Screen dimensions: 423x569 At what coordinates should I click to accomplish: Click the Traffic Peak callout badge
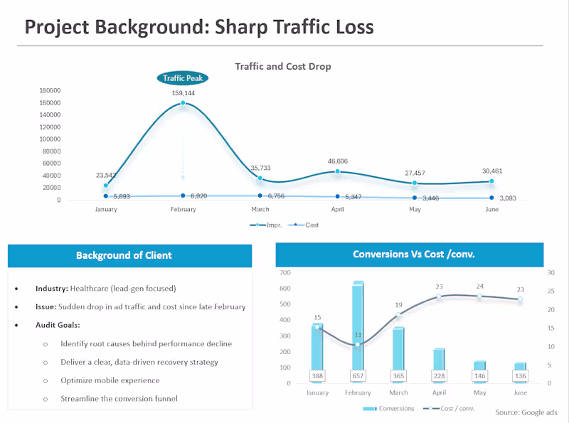pos(183,78)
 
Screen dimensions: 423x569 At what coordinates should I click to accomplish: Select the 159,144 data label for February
pos(183,93)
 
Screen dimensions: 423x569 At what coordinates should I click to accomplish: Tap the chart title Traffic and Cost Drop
pos(283,66)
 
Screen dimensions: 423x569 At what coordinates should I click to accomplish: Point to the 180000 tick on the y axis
pos(49,90)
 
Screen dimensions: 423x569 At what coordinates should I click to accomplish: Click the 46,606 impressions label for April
pos(337,161)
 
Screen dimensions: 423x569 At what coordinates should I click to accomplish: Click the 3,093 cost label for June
pos(508,198)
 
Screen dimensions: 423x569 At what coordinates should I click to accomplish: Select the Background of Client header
pos(129,255)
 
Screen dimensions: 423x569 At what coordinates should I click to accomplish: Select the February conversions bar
pos(358,327)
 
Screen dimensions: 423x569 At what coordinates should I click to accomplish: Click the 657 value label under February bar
pos(358,375)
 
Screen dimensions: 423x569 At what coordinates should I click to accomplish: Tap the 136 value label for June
pos(520,375)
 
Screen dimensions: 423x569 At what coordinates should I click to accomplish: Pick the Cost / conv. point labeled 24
pos(479,296)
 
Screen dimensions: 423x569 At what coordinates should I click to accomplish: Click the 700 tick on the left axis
pos(284,273)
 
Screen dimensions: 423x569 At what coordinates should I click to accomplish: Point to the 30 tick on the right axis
pos(550,273)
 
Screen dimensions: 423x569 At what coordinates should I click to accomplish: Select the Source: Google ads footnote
pos(526,412)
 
